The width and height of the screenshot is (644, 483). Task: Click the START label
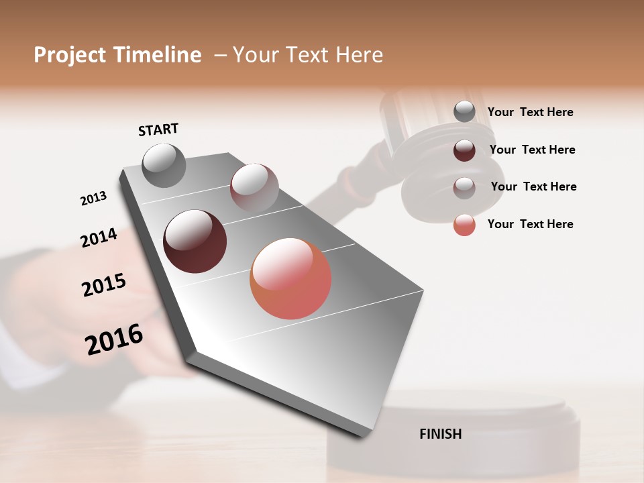158,129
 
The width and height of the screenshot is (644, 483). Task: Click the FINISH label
441,434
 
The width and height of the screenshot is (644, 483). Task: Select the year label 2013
94,198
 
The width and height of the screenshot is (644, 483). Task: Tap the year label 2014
99,237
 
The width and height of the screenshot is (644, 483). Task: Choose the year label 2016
114,339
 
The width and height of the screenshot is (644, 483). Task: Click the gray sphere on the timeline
164,165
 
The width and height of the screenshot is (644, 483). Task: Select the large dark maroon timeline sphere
195,241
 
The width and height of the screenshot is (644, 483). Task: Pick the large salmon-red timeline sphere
290,278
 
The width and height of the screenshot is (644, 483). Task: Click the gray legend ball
464,111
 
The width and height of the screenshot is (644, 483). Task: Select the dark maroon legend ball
464,150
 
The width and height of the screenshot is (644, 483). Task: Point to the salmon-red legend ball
464,225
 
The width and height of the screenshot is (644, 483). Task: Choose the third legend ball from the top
464,187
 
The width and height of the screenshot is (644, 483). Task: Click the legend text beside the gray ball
530,112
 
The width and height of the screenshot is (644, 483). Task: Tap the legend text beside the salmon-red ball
530,224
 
